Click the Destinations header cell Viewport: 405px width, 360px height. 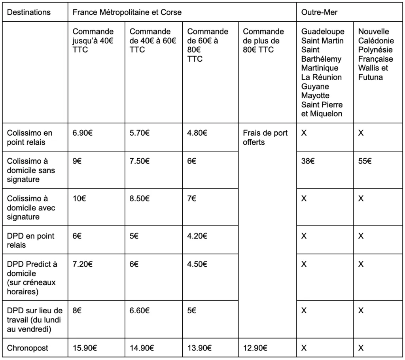(29, 12)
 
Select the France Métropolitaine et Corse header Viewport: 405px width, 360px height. (127, 12)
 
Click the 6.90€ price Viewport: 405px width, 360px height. (82, 133)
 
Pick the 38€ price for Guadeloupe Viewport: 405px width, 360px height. (308, 161)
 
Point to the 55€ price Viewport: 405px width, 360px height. (365, 161)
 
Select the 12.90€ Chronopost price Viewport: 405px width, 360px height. (255, 348)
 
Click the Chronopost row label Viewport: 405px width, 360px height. (28, 348)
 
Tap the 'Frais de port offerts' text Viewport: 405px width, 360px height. (265, 137)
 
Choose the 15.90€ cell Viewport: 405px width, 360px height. (85, 348)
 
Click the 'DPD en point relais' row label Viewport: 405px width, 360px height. (30, 241)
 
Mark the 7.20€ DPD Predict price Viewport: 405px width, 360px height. (82, 264)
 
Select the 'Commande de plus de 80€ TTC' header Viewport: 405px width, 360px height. (263, 41)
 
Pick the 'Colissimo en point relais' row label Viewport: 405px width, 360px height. (30, 137)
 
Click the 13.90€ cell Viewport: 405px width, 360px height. (199, 348)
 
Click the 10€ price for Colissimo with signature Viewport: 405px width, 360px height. (79, 199)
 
